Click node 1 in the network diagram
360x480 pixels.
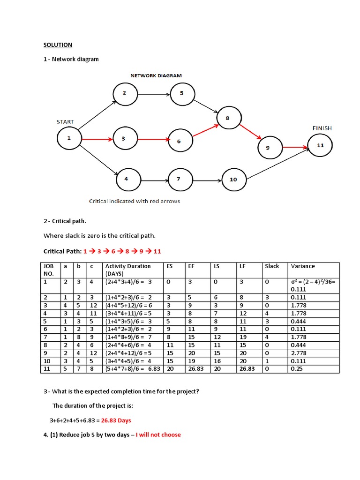pos(69,138)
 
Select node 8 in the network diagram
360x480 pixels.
pos(227,118)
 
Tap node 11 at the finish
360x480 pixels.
pos(320,145)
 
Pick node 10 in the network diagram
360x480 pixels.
pos(233,180)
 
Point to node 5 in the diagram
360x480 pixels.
pos(182,93)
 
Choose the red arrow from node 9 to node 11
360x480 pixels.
pos(290,147)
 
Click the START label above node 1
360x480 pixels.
pos(65,122)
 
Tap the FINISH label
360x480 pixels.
pos(322,127)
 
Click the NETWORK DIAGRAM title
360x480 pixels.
pos(156,75)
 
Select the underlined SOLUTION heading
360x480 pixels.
pos(58,45)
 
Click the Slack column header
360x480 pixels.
pos(272,266)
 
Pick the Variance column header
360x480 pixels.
pos(303,266)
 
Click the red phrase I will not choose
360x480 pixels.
pos(158,435)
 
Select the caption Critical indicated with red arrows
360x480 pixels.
pos(135,201)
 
